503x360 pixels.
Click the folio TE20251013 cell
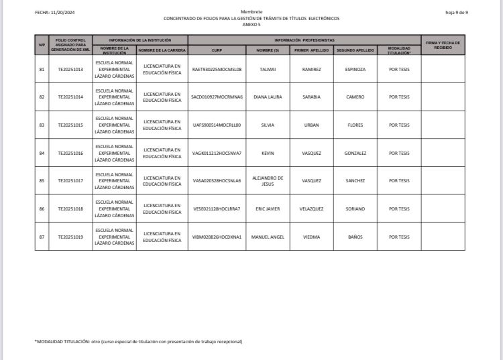[70, 69]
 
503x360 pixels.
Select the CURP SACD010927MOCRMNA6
[217, 97]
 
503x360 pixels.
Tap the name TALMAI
[268, 69]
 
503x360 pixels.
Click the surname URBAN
[311, 125]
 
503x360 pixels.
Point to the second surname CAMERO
[355, 97]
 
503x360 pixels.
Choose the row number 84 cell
[42, 153]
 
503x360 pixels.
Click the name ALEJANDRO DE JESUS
[268, 180]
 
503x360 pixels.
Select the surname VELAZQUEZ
[311, 208]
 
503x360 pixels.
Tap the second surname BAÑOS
[355, 237]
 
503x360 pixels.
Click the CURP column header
[217, 50]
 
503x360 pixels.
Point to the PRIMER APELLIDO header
[311, 50]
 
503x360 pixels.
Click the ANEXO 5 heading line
[251, 24]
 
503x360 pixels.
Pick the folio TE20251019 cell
[70, 237]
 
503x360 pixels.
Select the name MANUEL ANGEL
[268, 237]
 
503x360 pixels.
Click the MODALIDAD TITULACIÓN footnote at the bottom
[138, 342]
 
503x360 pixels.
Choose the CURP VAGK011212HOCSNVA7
[217, 153]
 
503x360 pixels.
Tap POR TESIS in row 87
[399, 237]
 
